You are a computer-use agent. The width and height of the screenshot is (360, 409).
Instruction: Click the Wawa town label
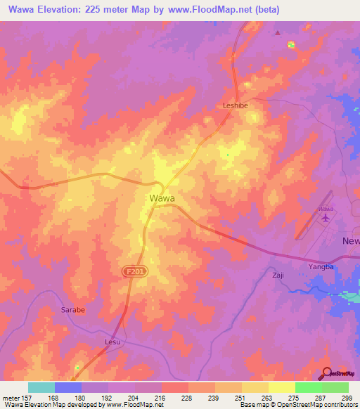tap(162, 198)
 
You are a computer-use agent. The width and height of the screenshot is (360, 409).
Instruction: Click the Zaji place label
tap(278, 275)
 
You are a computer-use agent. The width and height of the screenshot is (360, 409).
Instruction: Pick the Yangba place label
tap(320, 267)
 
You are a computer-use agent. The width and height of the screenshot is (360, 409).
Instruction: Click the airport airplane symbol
tap(325, 220)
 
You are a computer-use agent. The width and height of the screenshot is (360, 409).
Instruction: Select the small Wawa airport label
tap(325, 209)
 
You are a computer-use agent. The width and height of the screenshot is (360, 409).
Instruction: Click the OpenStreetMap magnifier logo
tap(328, 374)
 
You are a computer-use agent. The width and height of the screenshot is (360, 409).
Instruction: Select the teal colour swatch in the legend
tap(41, 387)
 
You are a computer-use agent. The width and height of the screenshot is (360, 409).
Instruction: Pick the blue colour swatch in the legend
tap(68, 387)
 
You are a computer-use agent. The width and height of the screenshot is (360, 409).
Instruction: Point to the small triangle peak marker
tap(277, 32)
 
